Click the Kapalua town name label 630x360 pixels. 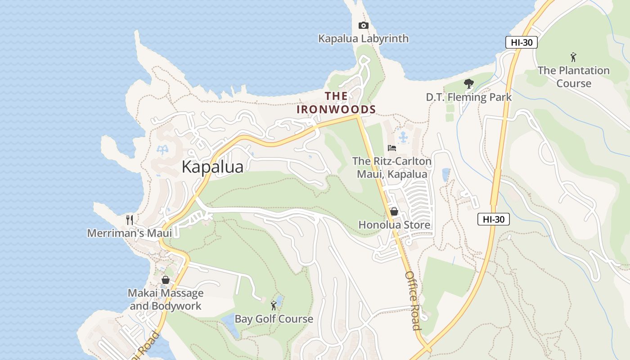click(x=212, y=167)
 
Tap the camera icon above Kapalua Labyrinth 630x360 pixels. click(x=363, y=26)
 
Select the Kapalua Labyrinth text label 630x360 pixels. click(x=363, y=39)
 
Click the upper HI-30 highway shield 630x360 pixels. click(x=521, y=43)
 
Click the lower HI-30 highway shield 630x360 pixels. click(x=493, y=220)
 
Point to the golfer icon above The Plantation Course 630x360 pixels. click(x=573, y=57)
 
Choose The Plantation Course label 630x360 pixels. click(x=573, y=77)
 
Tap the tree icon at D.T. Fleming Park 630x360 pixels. click(x=468, y=84)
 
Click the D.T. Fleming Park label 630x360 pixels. click(x=468, y=97)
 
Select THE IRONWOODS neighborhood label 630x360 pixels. click(x=336, y=103)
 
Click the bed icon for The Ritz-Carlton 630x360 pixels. click(x=392, y=148)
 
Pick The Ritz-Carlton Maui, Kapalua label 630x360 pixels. click(x=392, y=167)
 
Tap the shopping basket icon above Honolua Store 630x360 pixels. click(x=394, y=211)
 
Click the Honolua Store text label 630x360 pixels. click(x=394, y=225)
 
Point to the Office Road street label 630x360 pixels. click(x=413, y=300)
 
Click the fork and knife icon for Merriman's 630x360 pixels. click(x=130, y=220)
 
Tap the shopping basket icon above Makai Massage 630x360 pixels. click(x=166, y=280)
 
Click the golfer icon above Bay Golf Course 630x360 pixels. click(x=274, y=306)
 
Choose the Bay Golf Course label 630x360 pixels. click(x=274, y=319)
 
